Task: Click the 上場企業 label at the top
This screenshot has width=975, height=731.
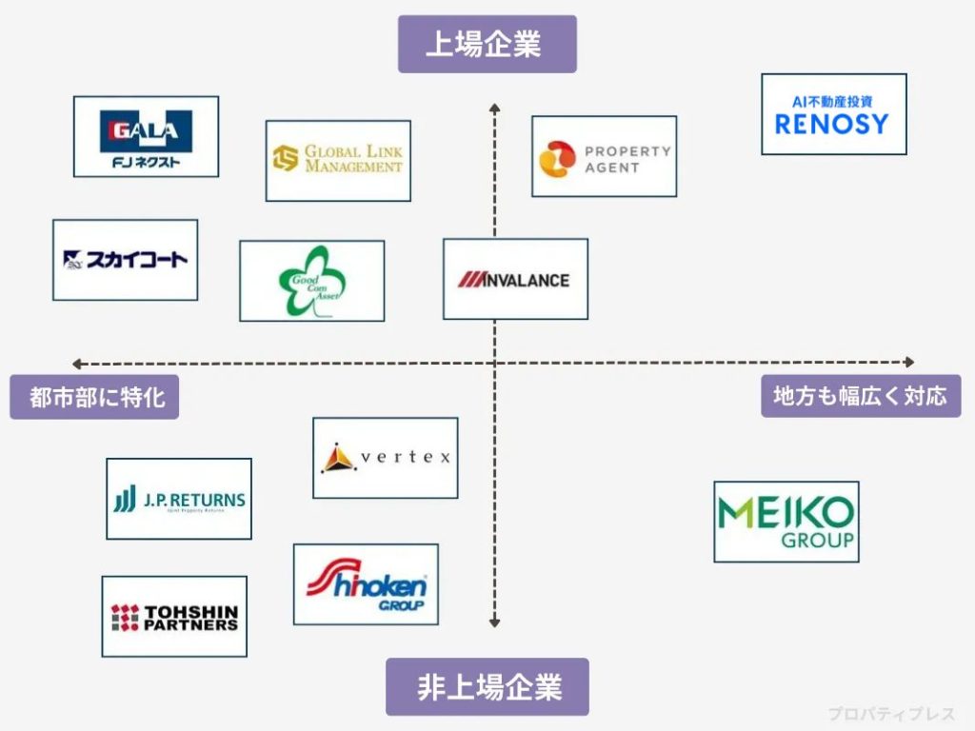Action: pyautogui.click(x=487, y=44)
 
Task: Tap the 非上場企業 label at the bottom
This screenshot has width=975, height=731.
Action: pyautogui.click(x=487, y=686)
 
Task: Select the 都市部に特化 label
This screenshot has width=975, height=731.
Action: pyautogui.click(x=94, y=397)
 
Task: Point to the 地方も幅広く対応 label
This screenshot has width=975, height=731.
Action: pyautogui.click(x=861, y=396)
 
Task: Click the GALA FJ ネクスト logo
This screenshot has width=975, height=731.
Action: pyautogui.click(x=146, y=136)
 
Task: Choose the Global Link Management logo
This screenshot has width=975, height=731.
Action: pyautogui.click(x=338, y=160)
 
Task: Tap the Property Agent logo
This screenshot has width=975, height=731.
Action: pyautogui.click(x=604, y=156)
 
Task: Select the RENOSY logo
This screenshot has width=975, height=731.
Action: pyautogui.click(x=833, y=114)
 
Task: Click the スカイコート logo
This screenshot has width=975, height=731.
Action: pyautogui.click(x=125, y=260)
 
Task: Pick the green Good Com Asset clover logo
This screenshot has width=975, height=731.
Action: pyautogui.click(x=311, y=281)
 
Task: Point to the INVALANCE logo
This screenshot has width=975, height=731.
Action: pyautogui.click(x=515, y=279)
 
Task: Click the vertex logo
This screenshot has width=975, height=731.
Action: pyautogui.click(x=385, y=458)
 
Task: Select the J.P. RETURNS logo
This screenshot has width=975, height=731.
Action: pyautogui.click(x=179, y=499)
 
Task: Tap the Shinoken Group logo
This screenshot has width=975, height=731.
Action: pyautogui.click(x=366, y=584)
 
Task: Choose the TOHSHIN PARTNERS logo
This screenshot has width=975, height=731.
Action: pyautogui.click(x=174, y=616)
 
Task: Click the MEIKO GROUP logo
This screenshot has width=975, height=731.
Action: pyautogui.click(x=786, y=522)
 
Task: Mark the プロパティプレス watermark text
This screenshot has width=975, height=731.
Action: pyautogui.click(x=889, y=713)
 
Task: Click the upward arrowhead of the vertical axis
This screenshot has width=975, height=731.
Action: pyautogui.click(x=494, y=108)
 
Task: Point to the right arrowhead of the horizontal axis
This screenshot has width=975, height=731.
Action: pyautogui.click(x=909, y=362)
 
